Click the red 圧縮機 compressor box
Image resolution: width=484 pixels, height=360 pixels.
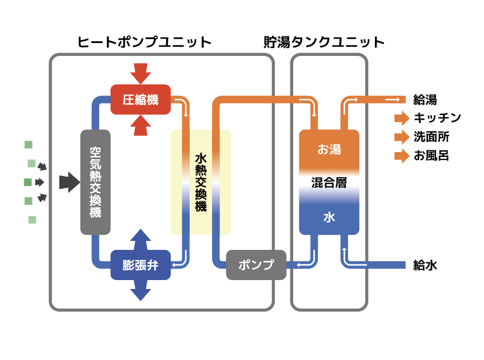pyautogui.click(x=140, y=100)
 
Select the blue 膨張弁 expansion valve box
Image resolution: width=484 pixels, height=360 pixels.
pyautogui.click(x=140, y=265)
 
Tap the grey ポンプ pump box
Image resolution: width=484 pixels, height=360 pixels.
pyautogui.click(x=256, y=265)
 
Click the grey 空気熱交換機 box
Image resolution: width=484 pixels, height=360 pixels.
pyautogui.click(x=95, y=182)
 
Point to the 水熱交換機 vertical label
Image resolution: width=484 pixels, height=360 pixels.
pyautogui.click(x=201, y=182)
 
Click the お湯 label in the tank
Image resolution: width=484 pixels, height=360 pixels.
pyautogui.click(x=330, y=149)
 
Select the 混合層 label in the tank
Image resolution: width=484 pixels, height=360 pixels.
pyautogui.click(x=329, y=183)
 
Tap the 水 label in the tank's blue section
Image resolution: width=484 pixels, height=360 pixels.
pyautogui.click(x=329, y=217)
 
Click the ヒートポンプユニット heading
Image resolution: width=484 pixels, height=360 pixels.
pyautogui.click(x=144, y=42)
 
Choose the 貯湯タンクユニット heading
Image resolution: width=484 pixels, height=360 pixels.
pyautogui.click(x=324, y=42)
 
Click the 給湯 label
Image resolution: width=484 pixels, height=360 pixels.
pyautogui.click(x=425, y=100)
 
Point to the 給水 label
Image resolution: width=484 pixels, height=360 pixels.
pyautogui.click(x=425, y=265)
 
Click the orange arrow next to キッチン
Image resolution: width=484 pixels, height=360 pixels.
pyautogui.click(x=402, y=118)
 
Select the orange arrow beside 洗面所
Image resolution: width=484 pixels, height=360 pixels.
pyautogui.click(x=402, y=137)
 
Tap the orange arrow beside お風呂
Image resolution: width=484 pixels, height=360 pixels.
pyautogui.click(x=402, y=156)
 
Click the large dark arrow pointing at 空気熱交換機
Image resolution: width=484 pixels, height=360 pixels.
pyautogui.click(x=70, y=182)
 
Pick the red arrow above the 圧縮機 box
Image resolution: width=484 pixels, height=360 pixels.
pyautogui.click(x=140, y=74)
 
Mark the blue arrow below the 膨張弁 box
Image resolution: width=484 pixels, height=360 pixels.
pyautogui.click(x=140, y=291)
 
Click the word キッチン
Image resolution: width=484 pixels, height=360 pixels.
pyautogui.click(x=438, y=118)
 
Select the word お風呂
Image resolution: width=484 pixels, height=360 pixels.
pyautogui.click(x=431, y=156)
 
